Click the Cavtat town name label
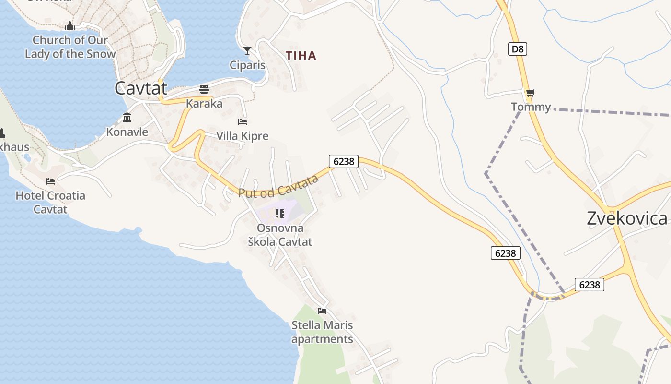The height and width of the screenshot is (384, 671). pos(141,88)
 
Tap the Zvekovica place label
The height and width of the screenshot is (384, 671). pos(627,218)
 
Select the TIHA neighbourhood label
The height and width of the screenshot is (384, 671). pos(301,56)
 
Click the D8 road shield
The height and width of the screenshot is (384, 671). pos(518,48)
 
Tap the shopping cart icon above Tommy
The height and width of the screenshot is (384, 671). pos(530,93)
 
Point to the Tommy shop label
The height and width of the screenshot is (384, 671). pos(531,107)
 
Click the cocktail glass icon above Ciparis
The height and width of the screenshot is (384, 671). pos(247,50)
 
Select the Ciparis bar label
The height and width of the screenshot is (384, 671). pos(247,65)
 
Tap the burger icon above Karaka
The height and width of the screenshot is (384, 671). pos(204,89)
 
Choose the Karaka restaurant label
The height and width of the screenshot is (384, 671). pos(204,103)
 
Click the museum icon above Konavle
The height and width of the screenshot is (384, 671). pos(127,117)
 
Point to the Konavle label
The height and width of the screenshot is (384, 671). pos(127,132)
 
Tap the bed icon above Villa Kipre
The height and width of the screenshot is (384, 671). pos(243,122)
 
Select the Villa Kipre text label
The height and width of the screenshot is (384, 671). pos(243,136)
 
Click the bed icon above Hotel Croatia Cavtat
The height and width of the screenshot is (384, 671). pos(50,181)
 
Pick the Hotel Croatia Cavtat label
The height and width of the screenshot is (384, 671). pos(50,202)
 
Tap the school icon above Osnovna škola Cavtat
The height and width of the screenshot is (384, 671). pos(279,214)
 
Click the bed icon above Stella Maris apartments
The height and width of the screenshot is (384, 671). pos(322,311)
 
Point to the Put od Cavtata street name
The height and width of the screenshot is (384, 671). pos(278,187)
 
